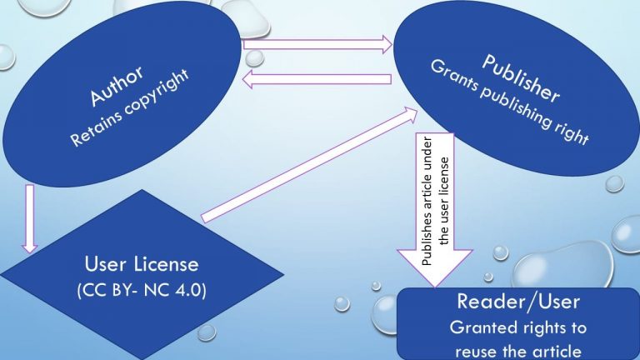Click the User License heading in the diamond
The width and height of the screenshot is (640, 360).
pyautogui.click(x=142, y=265)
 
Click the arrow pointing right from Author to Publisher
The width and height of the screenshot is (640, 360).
pyautogui.click(x=317, y=45)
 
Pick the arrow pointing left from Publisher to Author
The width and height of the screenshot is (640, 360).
pyautogui.click(x=317, y=78)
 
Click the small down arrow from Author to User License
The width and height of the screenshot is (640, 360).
pyautogui.click(x=30, y=219)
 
